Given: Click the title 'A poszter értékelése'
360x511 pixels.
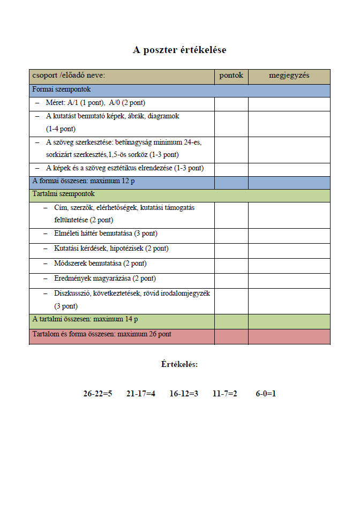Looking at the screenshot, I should point(179,50).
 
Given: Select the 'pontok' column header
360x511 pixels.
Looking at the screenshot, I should point(231,76).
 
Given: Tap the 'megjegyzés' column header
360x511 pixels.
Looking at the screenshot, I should point(289,76).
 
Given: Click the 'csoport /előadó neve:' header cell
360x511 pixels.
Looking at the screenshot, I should point(69,76).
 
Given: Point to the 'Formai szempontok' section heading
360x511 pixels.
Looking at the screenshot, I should point(62,89).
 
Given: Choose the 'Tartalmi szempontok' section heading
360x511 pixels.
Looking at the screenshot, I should point(63,194).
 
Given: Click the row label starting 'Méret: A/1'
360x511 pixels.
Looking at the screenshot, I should point(95,103).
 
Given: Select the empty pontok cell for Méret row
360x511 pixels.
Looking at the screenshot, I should point(231,103).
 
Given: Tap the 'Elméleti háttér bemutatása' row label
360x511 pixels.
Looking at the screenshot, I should point(106,234).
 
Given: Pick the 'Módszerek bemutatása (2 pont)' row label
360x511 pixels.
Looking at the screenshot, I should point(100,264).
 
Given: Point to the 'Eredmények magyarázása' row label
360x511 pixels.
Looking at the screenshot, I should point(104,279).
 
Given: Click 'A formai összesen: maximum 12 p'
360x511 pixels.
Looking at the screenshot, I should point(84,181).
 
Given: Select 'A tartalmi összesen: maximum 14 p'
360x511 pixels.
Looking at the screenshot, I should point(85,319).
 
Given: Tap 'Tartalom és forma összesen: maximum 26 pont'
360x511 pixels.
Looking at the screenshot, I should point(102,334).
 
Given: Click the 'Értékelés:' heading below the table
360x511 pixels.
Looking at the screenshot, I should point(179,364).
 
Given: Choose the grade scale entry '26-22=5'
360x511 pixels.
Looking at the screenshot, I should point(97,394).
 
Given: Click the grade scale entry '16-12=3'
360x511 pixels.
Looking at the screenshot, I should point(184,394).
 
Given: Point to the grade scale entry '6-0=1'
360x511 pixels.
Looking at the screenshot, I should point(266,394).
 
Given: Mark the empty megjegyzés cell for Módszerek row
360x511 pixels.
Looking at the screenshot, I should point(289,264).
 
